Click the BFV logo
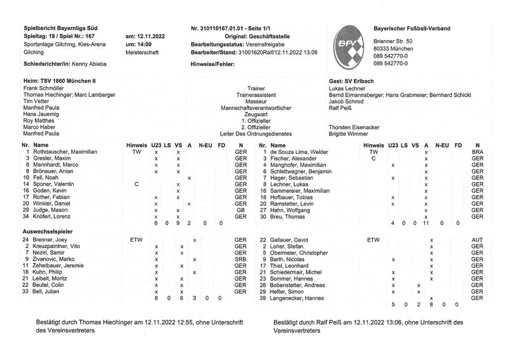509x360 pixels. click(x=348, y=46)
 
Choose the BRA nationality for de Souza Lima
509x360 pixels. click(x=478, y=153)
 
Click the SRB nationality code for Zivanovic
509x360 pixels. click(x=240, y=260)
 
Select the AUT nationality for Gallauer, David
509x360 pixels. click(x=478, y=239)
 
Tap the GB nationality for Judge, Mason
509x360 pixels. click(x=240, y=210)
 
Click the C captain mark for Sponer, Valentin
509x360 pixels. click(x=136, y=184)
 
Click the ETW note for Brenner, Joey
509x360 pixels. click(x=136, y=239)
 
